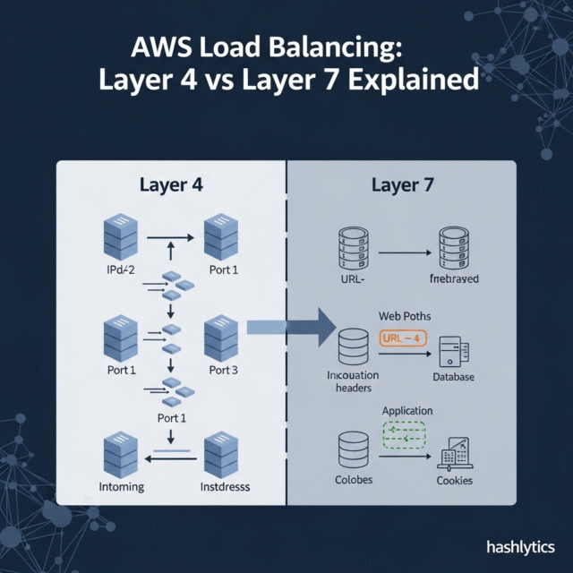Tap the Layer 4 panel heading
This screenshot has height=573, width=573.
171,185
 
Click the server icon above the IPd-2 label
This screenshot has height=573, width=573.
118,236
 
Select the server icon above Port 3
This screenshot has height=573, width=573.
222,338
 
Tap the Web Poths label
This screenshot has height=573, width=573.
405,317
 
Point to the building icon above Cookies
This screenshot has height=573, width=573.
455,455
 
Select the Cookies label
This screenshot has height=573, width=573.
455,481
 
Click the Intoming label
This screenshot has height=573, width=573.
120,487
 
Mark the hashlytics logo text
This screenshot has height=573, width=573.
520,547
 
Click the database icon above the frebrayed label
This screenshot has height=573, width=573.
455,250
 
